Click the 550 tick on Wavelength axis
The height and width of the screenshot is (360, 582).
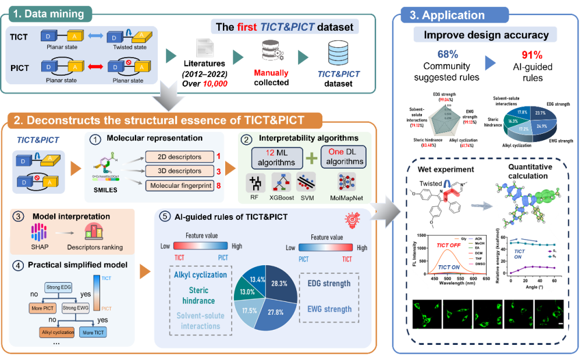pos(449,279)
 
